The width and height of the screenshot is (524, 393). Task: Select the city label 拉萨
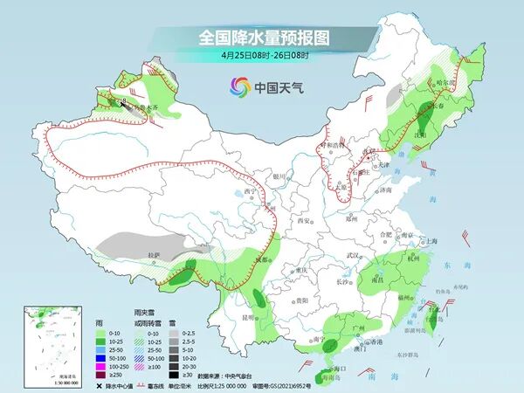pos(155,255)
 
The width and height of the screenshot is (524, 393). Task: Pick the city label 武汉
pos(354,254)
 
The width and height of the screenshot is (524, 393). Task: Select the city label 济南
pos(388,189)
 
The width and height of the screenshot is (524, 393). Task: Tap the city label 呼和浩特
pos(330,145)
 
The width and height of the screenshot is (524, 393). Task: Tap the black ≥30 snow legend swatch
pos(176,375)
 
